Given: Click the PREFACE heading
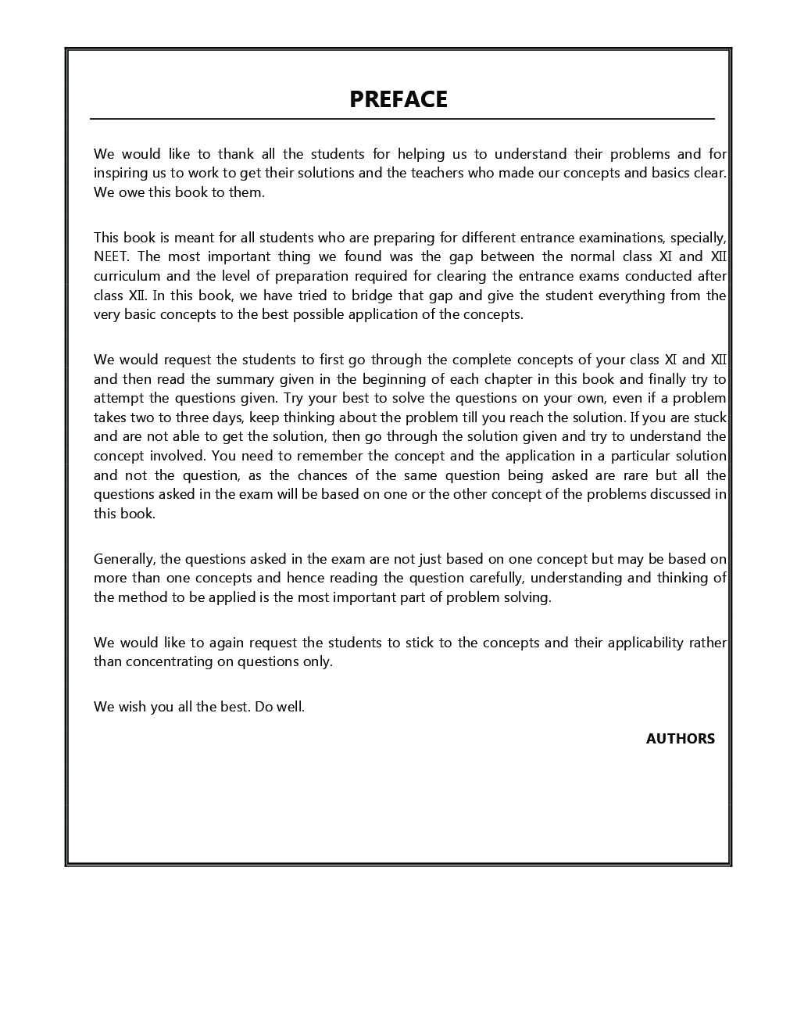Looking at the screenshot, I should coord(398,99).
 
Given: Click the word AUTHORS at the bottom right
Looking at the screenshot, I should coord(680,739).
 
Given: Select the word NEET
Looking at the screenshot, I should coord(112,256).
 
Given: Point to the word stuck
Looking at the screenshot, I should coord(708,417).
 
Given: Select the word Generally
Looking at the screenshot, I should coord(125,559).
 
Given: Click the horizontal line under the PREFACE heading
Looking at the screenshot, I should coord(402,119).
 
